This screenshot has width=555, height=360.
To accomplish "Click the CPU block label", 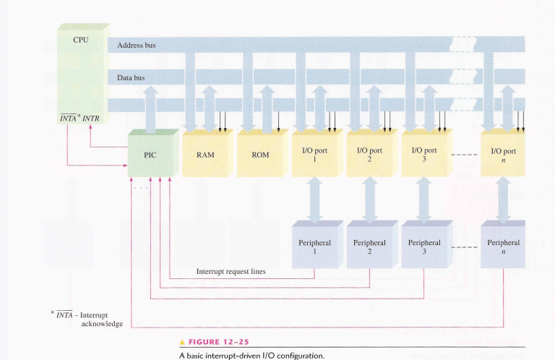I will pos(81,40).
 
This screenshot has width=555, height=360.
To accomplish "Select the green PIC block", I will pos(150,155).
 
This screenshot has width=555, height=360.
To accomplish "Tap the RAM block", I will pos(205,155).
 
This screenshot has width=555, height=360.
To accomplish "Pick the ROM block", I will pos(260,155).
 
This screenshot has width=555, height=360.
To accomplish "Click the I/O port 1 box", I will pos(314,155).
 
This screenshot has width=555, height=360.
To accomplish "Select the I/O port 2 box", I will pos(369,155).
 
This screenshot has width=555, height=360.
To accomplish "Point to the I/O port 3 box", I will pos(424,155).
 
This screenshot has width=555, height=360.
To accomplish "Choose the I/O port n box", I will pos(503,155).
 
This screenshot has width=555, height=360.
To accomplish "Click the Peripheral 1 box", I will pos(314,247).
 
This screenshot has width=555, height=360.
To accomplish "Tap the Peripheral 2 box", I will pos(369,247).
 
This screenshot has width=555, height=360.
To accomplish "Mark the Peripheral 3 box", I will pos(424,247).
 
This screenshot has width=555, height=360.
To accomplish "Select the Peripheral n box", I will pos(503,247).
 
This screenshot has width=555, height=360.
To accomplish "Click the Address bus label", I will pos(136,46).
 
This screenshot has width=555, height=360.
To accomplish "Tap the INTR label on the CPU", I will pos(91,118).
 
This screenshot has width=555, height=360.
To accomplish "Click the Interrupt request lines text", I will pos(231,272).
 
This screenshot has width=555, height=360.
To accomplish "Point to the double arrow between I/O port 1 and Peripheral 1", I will pos(315,198).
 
